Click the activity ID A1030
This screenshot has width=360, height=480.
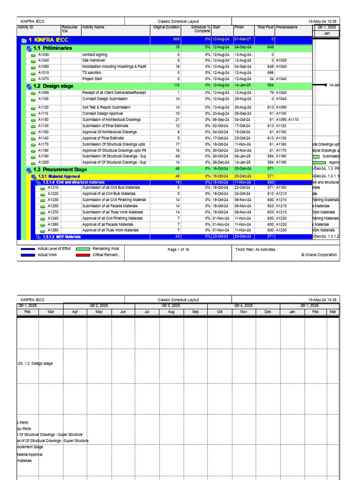43,54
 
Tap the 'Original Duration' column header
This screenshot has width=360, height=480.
166,27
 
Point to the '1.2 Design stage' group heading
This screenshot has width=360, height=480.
52,86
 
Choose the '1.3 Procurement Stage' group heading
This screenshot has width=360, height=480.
60,169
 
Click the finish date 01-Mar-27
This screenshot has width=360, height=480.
243,40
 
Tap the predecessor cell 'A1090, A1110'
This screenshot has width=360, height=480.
287,120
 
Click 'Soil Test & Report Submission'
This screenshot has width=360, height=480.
106,107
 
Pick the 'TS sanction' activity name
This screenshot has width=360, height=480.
91,73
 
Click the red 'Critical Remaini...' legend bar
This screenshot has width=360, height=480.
82,255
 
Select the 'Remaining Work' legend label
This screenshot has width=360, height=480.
106,249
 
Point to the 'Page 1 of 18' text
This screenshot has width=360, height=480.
178,249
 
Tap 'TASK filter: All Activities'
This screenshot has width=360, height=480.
255,249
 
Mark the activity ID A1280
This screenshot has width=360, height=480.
53,230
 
